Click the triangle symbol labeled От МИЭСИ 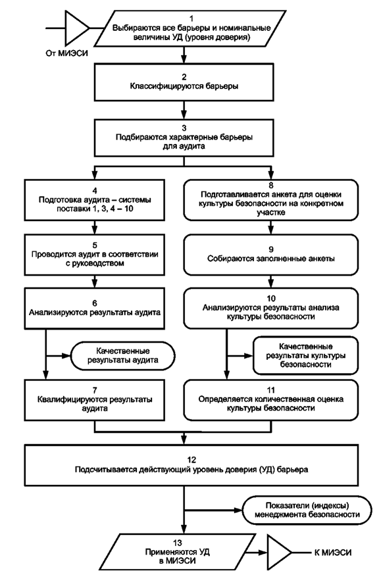coord(75,28)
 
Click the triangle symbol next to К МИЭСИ coord(279,552)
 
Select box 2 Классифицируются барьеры coord(184,82)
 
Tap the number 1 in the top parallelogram coord(191,18)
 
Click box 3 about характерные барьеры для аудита coord(184,137)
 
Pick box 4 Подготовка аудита coord(95,200)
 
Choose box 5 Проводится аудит coord(95,255)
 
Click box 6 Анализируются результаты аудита coord(95,309)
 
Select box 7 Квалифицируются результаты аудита coord(95,400)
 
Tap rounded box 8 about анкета coord(271,200)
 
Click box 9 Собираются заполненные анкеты coord(271,255)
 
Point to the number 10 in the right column coord(271,299)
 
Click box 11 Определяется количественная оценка coord(271,400)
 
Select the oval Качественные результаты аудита coord(122,356)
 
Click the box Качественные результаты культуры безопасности coord(305,356)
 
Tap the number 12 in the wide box coord(191,460)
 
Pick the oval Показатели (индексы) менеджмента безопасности coord(307,510)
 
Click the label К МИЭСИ coord(333,552)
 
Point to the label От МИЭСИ coord(66,53)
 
